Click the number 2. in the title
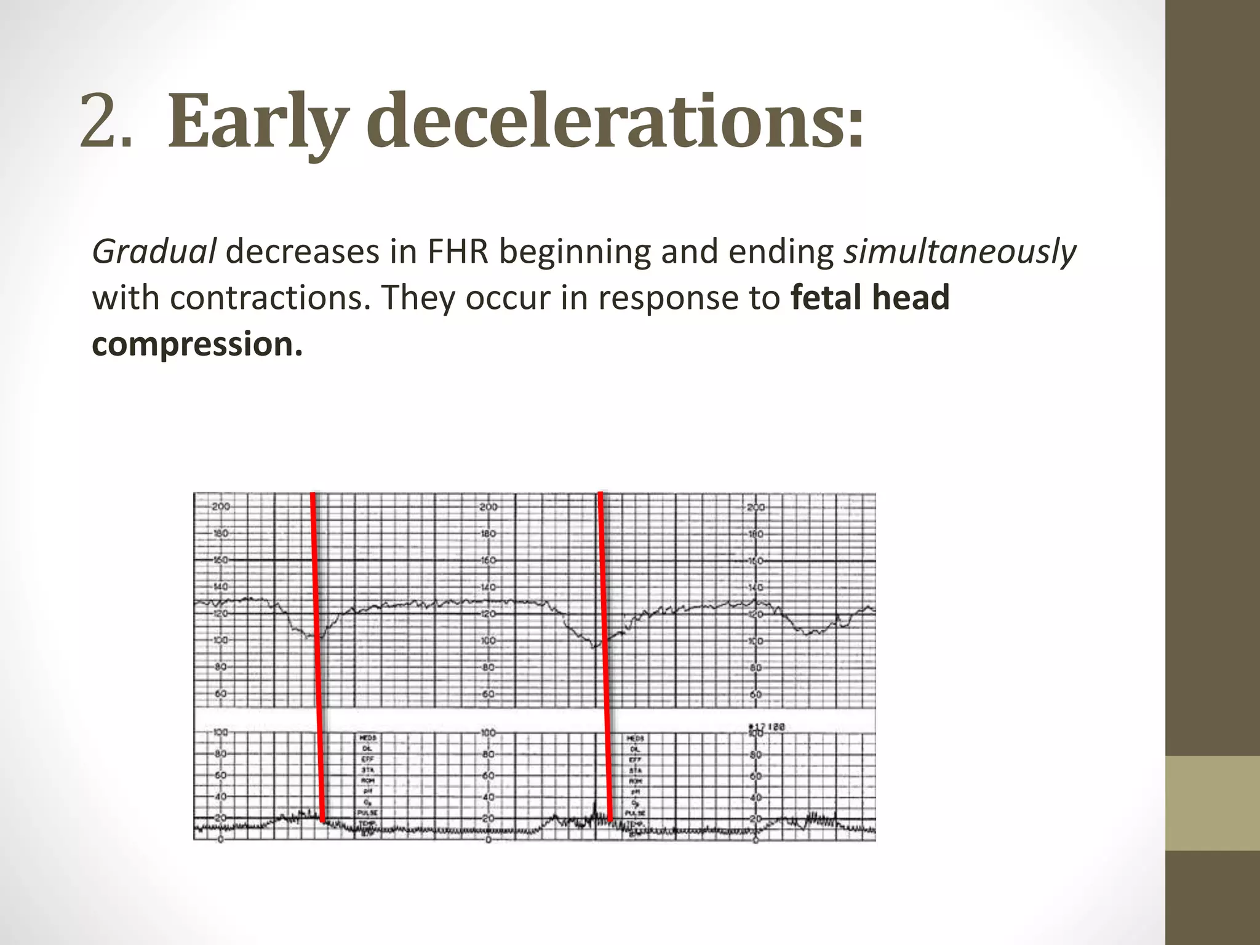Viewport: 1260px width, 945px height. coord(105,121)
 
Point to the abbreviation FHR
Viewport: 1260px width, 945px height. coord(455,252)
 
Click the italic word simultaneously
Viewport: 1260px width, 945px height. coord(959,252)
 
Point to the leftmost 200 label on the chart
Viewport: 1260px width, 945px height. coord(220,507)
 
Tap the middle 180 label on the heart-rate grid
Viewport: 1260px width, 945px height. coord(488,533)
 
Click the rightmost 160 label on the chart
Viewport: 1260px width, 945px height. coord(756,560)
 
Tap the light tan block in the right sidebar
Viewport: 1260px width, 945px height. coord(1213,803)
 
